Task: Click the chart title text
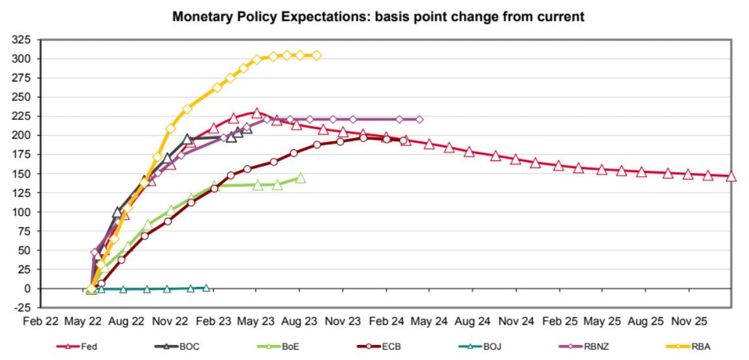(x=378, y=16)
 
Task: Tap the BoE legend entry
(x=279, y=346)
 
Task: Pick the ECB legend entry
(x=380, y=346)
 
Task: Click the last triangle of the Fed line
(x=731, y=176)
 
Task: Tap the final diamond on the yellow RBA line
(x=317, y=55)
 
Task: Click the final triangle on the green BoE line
(x=300, y=178)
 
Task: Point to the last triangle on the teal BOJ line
(x=206, y=287)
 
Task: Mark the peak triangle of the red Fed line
(x=256, y=113)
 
